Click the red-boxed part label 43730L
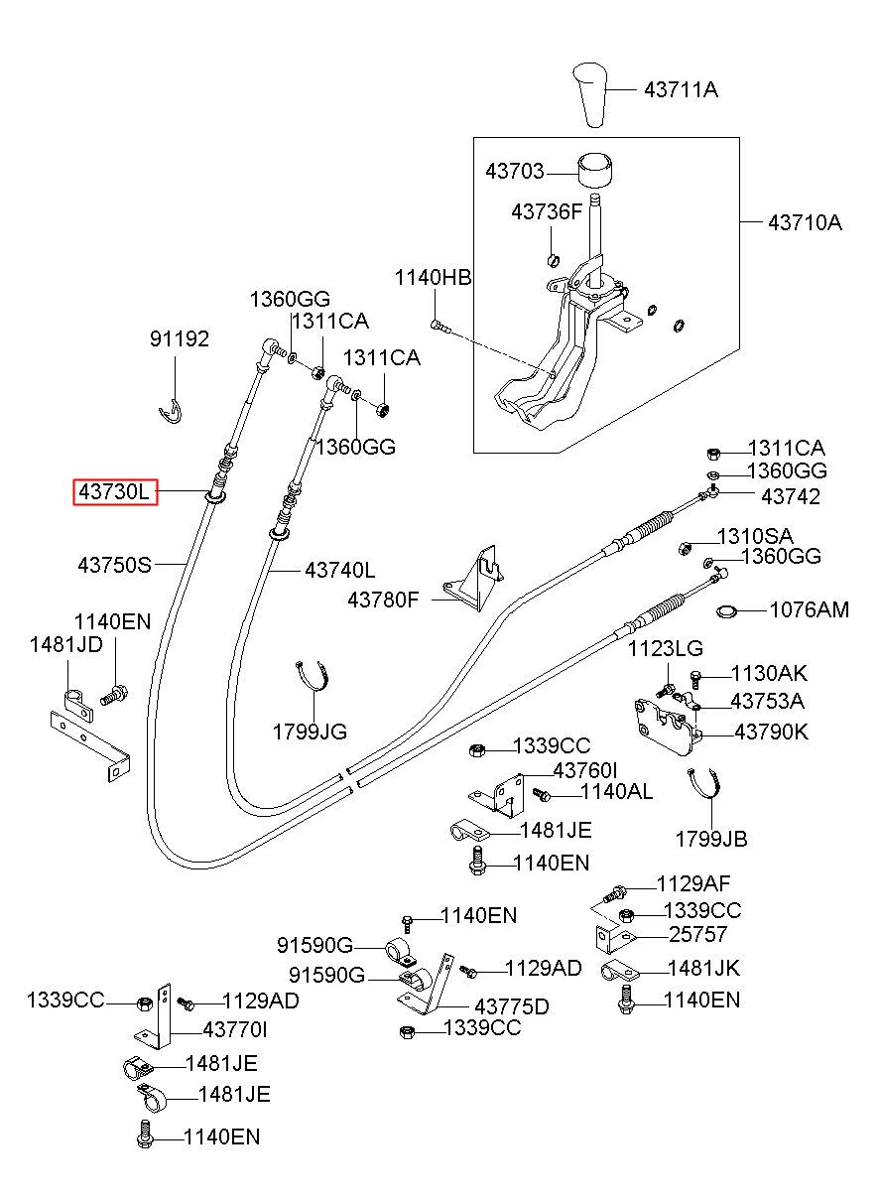[x=115, y=491]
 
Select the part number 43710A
[x=805, y=222]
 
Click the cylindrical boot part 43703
[x=595, y=171]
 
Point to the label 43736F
[x=547, y=212]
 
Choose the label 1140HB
[x=433, y=278]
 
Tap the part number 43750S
[x=115, y=565]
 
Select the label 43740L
[x=340, y=570]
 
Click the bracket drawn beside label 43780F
[x=474, y=579]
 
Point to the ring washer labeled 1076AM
[x=726, y=611]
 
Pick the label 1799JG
[x=310, y=732]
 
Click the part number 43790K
[x=771, y=732]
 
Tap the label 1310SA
[x=755, y=536]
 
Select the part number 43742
[x=791, y=496]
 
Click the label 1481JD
[x=65, y=644]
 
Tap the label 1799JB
[x=711, y=839]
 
